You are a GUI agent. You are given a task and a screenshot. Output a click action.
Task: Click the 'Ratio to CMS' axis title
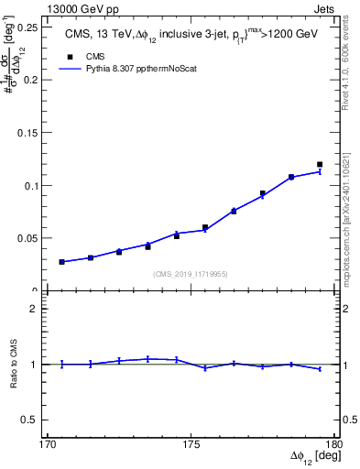click(x=15, y=365)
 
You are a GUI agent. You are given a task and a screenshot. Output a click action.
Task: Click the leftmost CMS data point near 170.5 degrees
click(x=61, y=262)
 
